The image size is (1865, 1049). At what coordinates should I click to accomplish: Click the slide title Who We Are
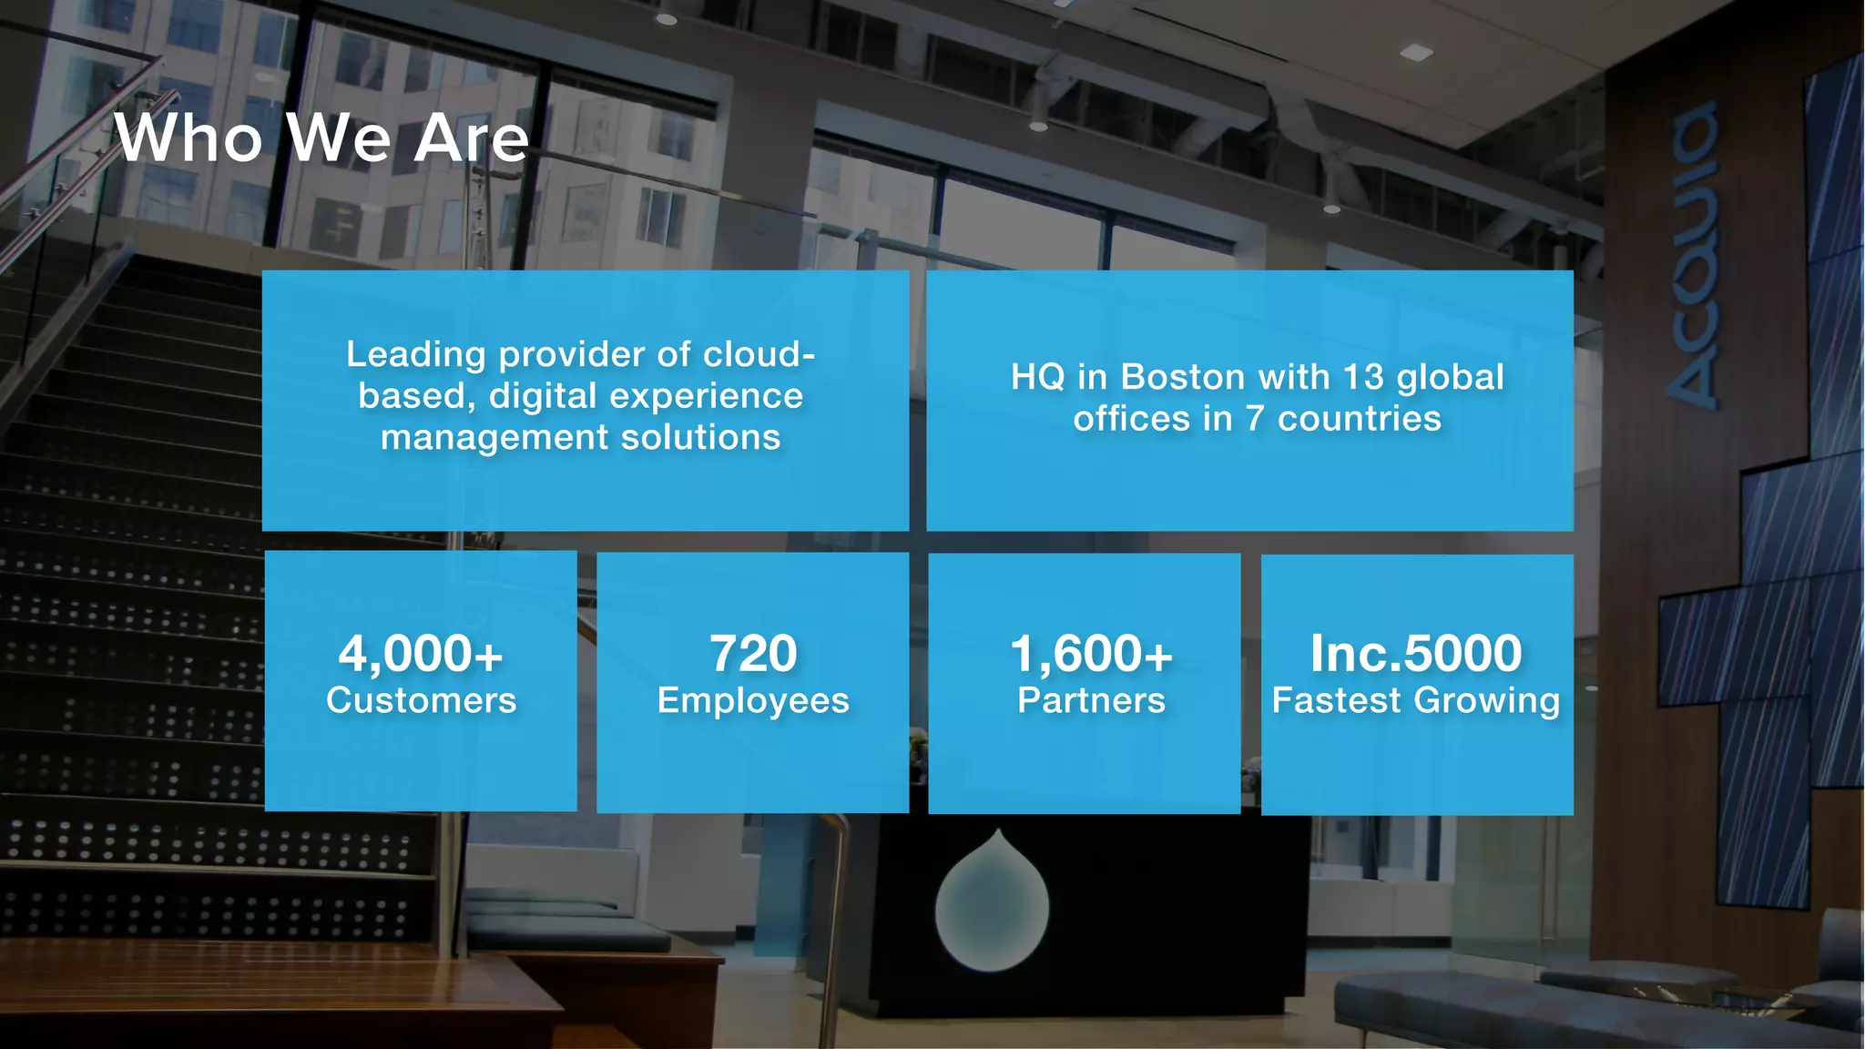click(321, 138)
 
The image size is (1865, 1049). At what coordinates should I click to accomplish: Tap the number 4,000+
click(421, 654)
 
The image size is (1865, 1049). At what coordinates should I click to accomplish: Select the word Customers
click(421, 700)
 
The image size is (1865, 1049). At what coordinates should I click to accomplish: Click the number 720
click(753, 654)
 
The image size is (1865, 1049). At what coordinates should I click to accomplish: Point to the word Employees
click(753, 701)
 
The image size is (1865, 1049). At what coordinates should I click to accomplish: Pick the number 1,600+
click(1091, 654)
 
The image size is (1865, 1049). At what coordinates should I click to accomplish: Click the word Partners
click(1091, 700)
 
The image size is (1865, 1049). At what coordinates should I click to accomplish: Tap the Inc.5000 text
click(1415, 654)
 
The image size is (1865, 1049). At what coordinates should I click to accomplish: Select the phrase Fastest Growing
click(1415, 700)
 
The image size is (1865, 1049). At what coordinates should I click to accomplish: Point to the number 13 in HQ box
click(1363, 377)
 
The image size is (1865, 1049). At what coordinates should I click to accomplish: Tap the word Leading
click(416, 355)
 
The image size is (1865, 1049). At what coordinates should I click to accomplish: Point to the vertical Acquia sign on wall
click(1694, 255)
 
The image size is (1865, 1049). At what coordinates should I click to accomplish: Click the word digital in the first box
click(543, 396)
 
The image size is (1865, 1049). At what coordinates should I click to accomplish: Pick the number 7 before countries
click(1255, 419)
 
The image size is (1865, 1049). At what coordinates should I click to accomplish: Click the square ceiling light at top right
click(1415, 53)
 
